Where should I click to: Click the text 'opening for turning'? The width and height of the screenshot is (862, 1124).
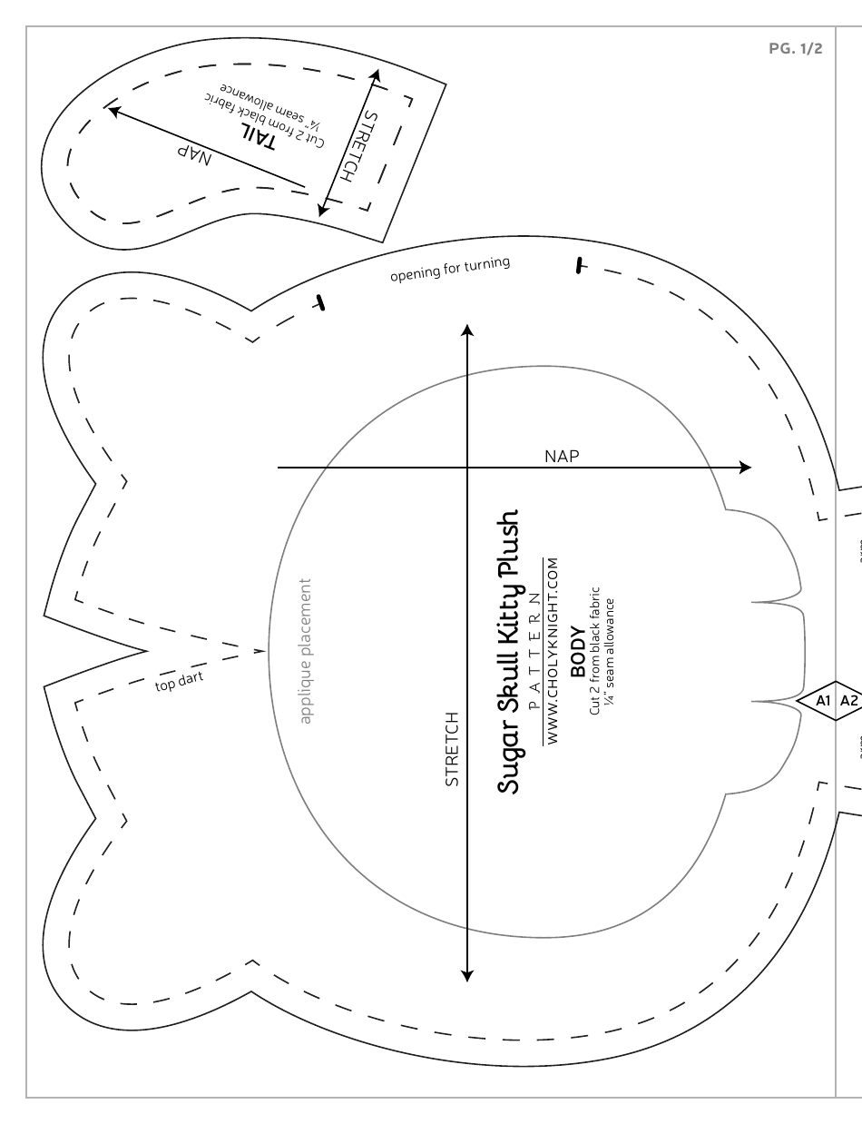[x=450, y=269]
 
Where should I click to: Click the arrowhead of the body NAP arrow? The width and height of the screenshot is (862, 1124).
[x=746, y=468]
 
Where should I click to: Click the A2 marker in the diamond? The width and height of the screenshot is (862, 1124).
[x=849, y=700]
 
